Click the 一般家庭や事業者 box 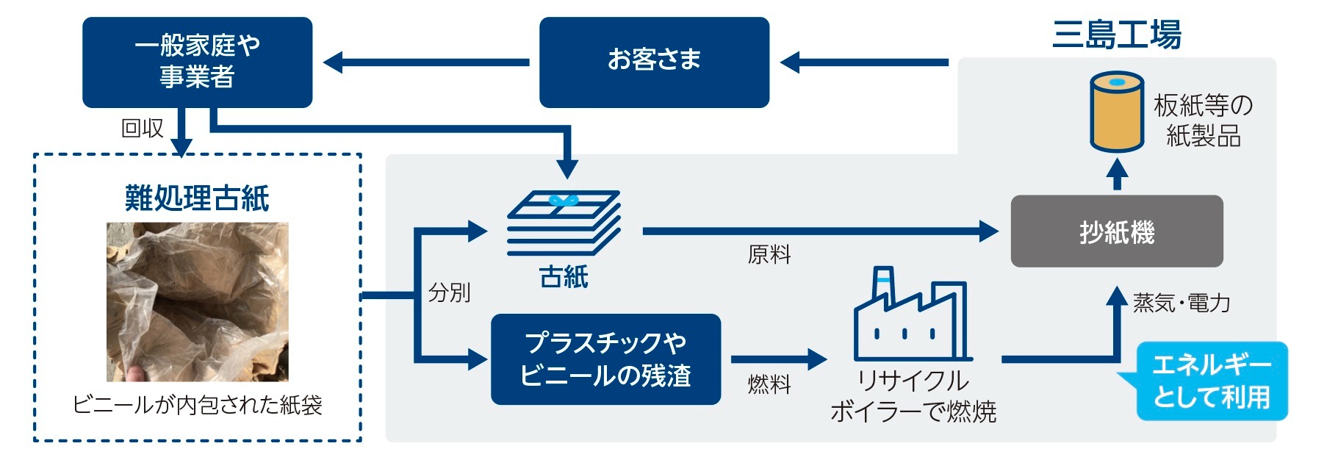point(197,62)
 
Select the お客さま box point(654,62)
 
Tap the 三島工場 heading point(1117,35)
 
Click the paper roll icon point(1116,112)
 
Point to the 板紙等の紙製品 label point(1203,121)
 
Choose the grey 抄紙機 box point(1117,231)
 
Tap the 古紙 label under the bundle point(564,277)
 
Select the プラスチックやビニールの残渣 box point(605,359)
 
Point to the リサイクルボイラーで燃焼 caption point(913,396)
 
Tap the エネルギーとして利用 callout point(1212,381)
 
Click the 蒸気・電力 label point(1182,303)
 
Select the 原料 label point(769,255)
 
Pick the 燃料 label point(769,384)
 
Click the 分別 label point(449,292)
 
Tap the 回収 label point(143,128)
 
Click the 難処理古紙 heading point(197,198)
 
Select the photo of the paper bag point(197,302)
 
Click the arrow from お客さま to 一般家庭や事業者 point(426,62)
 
